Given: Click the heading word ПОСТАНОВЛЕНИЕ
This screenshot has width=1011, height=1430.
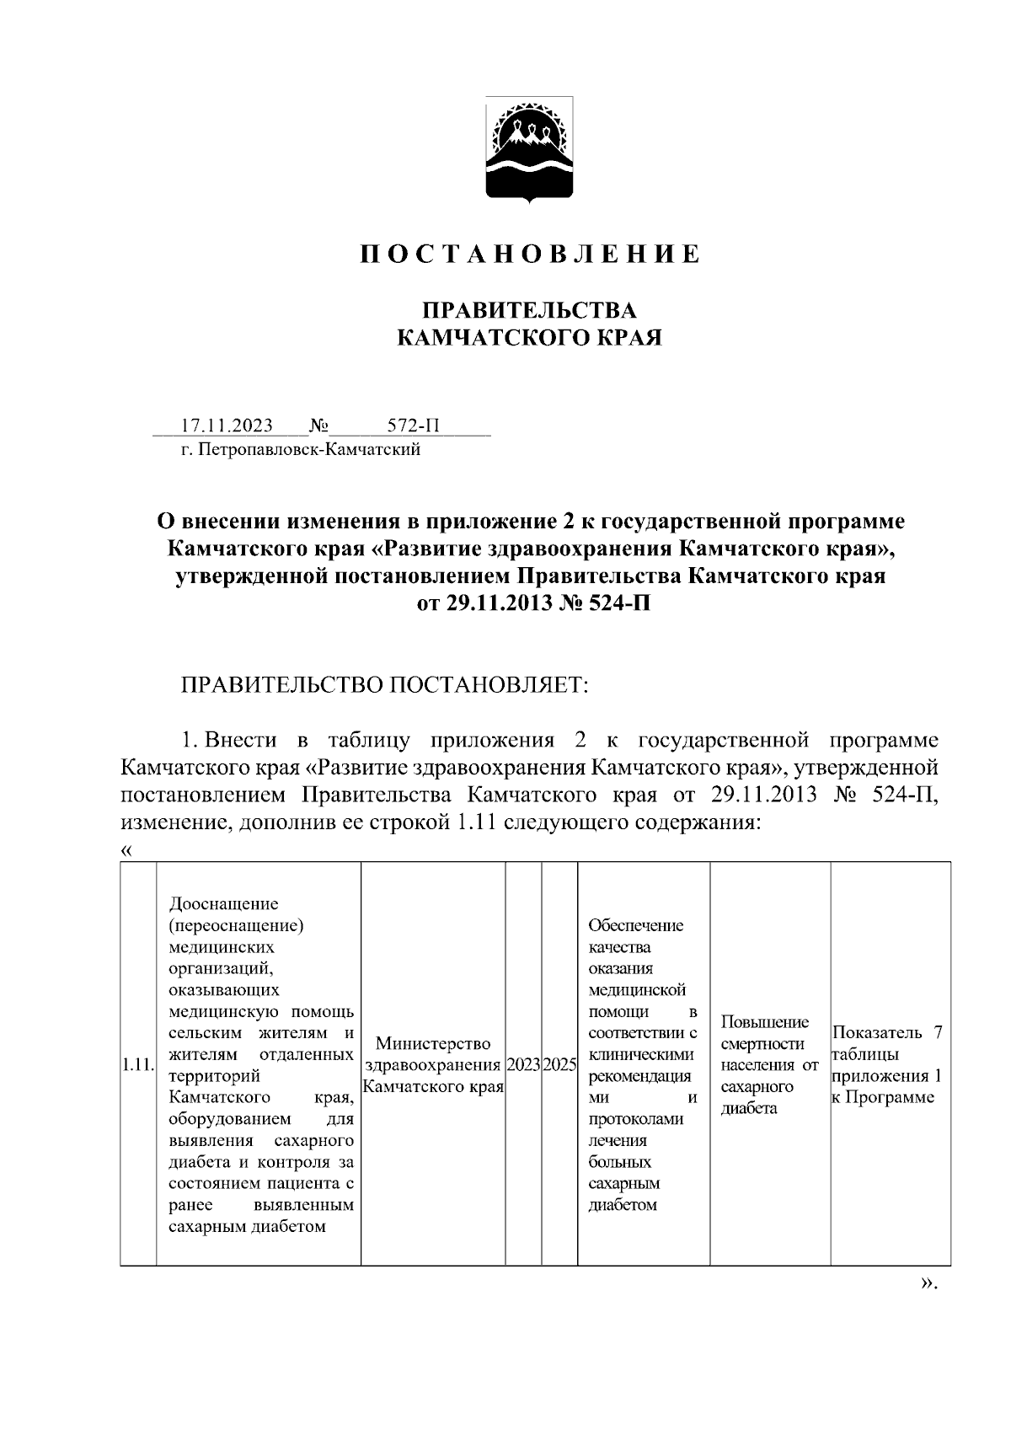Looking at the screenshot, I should point(530,254).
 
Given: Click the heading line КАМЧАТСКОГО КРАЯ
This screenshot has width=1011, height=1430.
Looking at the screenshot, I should point(529,338).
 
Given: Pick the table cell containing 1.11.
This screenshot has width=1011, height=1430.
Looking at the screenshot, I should point(137,1064).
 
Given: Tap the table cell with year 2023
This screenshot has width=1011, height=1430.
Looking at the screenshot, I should point(523,1064).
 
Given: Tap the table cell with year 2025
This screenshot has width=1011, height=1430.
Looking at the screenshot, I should point(559,1064).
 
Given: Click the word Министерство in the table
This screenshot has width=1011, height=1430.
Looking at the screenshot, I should point(433,1044).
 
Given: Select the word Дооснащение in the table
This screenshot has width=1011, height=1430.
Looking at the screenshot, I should point(223,904).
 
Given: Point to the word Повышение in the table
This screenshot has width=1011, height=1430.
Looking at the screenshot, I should point(765,1022).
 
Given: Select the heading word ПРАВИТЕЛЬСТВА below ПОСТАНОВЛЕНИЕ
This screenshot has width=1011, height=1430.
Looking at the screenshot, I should point(529,309).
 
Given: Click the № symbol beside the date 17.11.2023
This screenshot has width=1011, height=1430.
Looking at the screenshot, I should point(318,426).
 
